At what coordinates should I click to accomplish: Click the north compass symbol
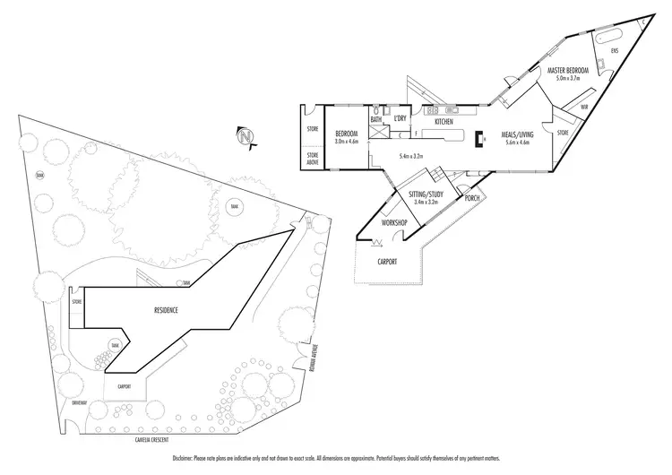[x=245, y=136]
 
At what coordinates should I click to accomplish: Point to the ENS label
[x=615, y=51]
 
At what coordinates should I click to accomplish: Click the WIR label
[x=583, y=108]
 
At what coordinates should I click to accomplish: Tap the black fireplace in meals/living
[x=479, y=139]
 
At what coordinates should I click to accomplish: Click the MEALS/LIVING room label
[x=517, y=134]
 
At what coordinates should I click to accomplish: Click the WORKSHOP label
[x=395, y=221]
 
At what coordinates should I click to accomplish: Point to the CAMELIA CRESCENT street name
[x=169, y=440]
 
